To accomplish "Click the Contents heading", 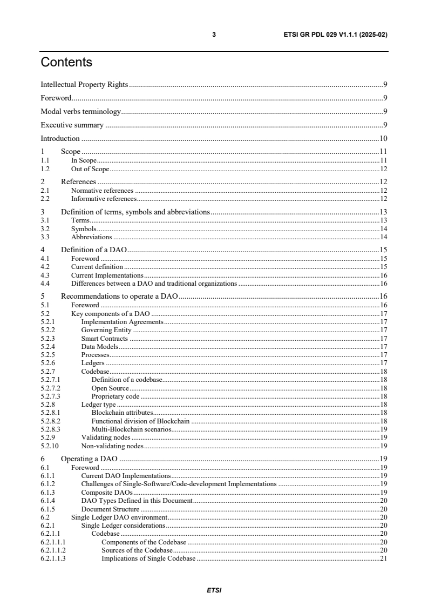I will (66, 63).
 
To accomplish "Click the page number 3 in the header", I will (214, 35).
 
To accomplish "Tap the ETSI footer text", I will (214, 590).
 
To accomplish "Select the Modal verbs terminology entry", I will (80, 112).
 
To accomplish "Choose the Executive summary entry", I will (72, 125).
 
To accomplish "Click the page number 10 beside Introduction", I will (383, 139).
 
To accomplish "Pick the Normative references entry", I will (102, 191).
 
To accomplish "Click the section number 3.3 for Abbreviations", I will (45, 237).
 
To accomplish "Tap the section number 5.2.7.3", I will (50, 396).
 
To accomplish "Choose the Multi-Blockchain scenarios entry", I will (131, 429).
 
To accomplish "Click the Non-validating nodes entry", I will (112, 446).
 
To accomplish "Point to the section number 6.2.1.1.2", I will (53, 550).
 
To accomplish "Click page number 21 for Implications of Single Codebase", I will (383, 558).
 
